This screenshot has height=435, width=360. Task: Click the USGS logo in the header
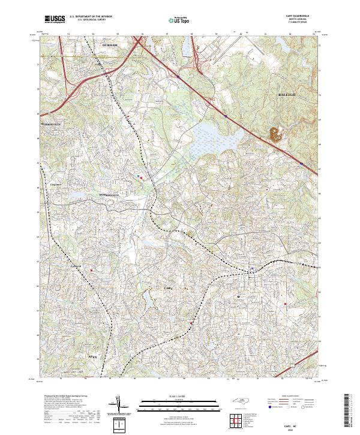click(55, 19)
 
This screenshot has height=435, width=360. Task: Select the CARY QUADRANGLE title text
click(298, 16)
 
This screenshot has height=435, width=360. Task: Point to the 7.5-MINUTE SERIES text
click(298, 23)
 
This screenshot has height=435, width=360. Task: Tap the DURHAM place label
click(110, 46)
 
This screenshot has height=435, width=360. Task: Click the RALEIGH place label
click(289, 95)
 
